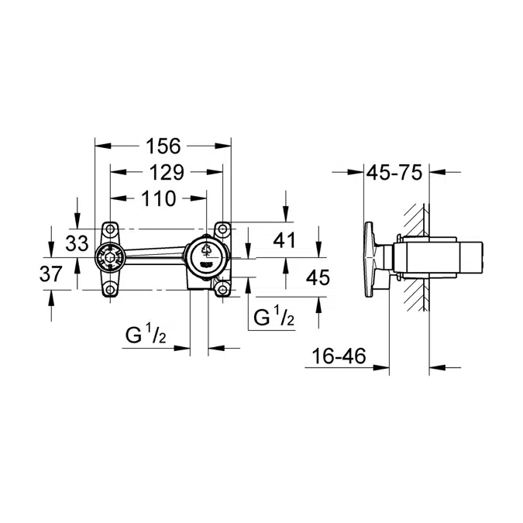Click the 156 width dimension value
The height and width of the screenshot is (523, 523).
click(163, 146)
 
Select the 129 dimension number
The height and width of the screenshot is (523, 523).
click(166, 172)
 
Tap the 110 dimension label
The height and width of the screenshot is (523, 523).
click(158, 198)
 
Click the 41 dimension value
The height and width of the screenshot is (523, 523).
click(285, 241)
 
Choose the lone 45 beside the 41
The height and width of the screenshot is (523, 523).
click(318, 277)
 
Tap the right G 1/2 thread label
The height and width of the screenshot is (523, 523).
click(274, 317)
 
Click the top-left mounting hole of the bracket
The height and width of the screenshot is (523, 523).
click(110, 229)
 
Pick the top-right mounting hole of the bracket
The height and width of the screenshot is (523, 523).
click(223, 229)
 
